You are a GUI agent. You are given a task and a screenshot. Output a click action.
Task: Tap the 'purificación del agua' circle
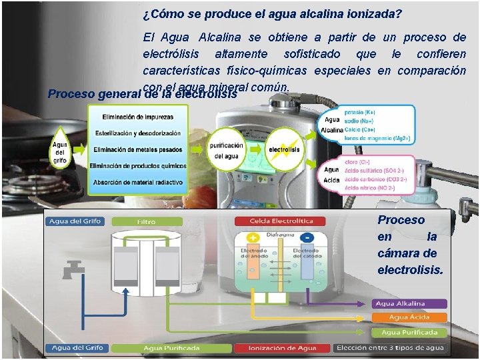[x=226, y=150]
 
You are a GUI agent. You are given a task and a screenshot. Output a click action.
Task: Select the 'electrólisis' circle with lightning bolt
[x=285, y=149]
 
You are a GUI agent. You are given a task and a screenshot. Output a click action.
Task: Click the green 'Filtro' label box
[x=147, y=222]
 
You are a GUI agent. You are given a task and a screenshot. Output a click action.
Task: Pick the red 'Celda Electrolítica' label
[x=278, y=222]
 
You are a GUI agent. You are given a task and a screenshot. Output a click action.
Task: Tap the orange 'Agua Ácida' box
[x=408, y=317]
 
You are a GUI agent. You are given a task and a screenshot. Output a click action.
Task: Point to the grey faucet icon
[x=69, y=271]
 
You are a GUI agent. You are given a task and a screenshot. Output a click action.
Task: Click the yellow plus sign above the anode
[x=253, y=237]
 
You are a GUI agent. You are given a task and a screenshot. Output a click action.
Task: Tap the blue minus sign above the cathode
[x=307, y=237]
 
